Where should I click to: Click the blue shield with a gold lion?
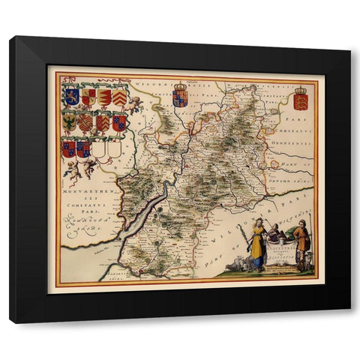pyautogui.click(x=72, y=96)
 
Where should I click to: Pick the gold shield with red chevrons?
pyautogui.click(x=119, y=97)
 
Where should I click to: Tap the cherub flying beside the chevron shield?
pyautogui.click(x=135, y=103)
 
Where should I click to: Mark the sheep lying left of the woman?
pyautogui.click(x=238, y=261)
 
